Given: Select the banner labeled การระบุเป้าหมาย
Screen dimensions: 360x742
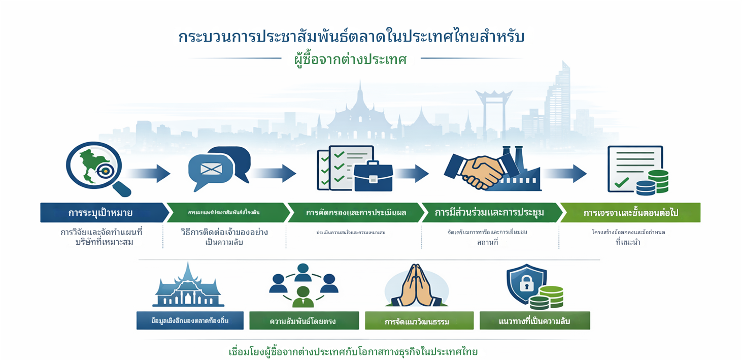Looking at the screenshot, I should (102, 213).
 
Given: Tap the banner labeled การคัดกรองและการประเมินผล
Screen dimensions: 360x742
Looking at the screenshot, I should (355, 213).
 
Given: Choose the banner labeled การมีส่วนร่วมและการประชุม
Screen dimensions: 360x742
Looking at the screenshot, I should (489, 213).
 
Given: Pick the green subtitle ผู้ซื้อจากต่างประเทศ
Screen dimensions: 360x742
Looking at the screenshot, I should (351, 59).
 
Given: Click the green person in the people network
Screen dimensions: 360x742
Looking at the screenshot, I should (302, 295).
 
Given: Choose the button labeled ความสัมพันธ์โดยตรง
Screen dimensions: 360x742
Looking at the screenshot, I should (302, 321).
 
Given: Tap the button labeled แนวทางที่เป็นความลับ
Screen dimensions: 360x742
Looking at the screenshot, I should (534, 321).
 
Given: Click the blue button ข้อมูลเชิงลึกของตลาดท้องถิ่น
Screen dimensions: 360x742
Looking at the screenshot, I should (190, 320).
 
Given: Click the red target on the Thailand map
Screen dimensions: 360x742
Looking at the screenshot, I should (105, 171).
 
